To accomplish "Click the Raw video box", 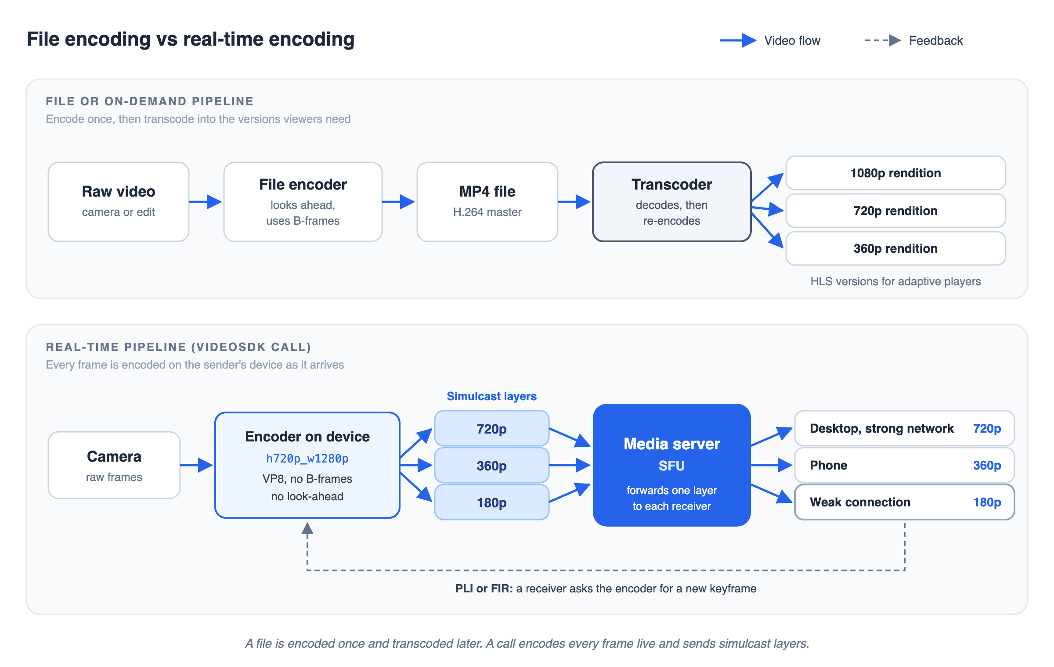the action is pyautogui.click(x=119, y=202).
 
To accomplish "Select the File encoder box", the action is pyautogui.click(x=303, y=202).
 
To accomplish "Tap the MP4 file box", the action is pyautogui.click(x=487, y=202).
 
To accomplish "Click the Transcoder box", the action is pyautogui.click(x=672, y=202).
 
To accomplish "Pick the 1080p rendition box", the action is pyautogui.click(x=896, y=173).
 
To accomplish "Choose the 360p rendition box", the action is pyautogui.click(x=896, y=248).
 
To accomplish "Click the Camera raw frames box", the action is pyautogui.click(x=114, y=465).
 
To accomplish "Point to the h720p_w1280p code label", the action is pyautogui.click(x=307, y=459).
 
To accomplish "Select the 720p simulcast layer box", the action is pyautogui.click(x=492, y=428).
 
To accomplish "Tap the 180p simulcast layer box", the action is pyautogui.click(x=492, y=502).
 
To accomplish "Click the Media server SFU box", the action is pyautogui.click(x=672, y=465).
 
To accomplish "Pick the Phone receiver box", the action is pyautogui.click(x=905, y=465).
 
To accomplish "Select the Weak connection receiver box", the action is pyautogui.click(x=905, y=502).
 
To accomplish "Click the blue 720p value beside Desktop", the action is pyautogui.click(x=987, y=428).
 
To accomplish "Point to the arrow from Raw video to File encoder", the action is pyautogui.click(x=206, y=202).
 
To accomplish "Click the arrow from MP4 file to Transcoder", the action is pyautogui.click(x=574, y=202).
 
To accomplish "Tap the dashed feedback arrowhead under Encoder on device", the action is pyautogui.click(x=307, y=528).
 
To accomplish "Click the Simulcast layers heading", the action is pyautogui.click(x=492, y=396).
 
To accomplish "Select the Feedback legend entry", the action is pyautogui.click(x=913, y=40).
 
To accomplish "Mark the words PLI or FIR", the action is pyautogui.click(x=484, y=588).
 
